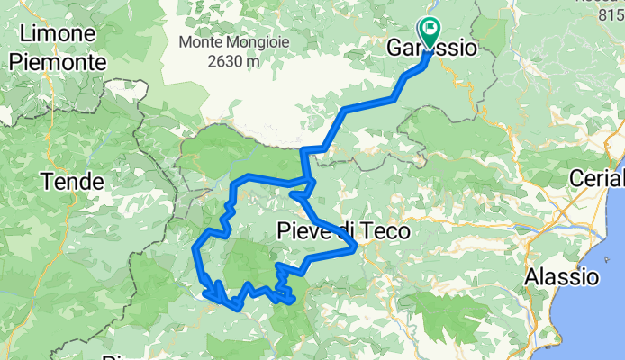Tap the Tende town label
(71, 182)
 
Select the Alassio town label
(562, 275)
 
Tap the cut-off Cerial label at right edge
(598, 178)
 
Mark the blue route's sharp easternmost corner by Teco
(358, 245)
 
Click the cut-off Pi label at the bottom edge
(112, 356)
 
